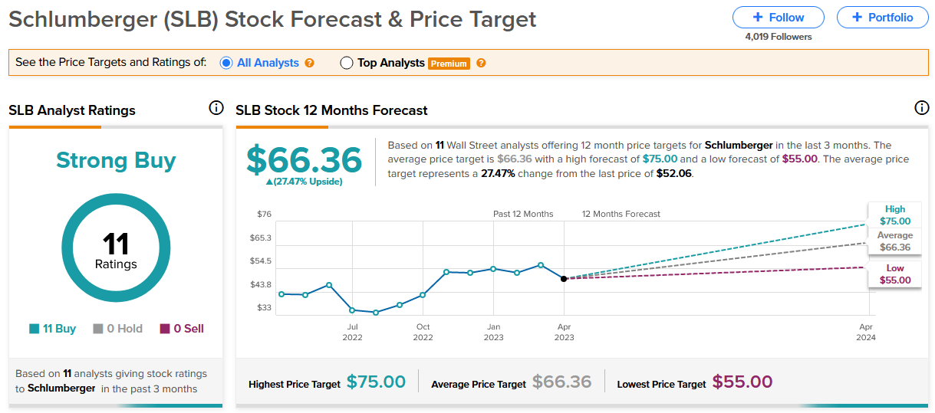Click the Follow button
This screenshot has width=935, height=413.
pos(778,18)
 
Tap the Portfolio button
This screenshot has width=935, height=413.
pos(882,18)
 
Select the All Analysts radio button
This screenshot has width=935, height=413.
pos(226,63)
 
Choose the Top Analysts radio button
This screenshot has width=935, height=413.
pos(347,63)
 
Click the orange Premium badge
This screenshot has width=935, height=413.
pos(449,64)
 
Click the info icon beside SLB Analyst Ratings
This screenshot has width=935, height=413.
pos(216,107)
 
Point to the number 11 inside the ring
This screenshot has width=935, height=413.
pos(116,244)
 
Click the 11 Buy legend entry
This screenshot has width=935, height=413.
pos(53,329)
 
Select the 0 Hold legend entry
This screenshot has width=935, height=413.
pos(117,329)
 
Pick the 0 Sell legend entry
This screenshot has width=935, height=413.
pos(182,329)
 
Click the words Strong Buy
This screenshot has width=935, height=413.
pos(116,160)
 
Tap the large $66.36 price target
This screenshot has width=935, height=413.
pos(304,159)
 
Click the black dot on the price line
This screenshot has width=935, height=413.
pos(564,279)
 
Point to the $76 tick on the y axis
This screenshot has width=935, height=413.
pos(264,214)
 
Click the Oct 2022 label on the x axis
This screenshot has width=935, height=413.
pos(423,332)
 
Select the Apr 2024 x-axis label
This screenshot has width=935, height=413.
pos(866,332)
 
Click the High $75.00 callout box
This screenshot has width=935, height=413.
pos(895,215)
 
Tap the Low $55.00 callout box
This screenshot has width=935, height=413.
pos(895,274)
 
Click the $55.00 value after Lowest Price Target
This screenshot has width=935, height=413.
pos(742,382)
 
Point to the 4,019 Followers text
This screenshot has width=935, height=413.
pos(779,37)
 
